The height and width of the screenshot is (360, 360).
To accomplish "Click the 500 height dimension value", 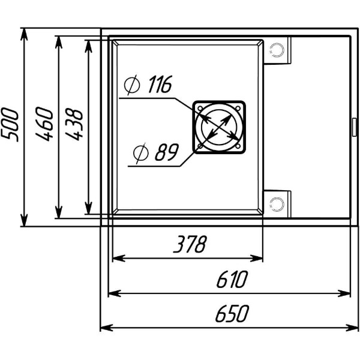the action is [x=10, y=125].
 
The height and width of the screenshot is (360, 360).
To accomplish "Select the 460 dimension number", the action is [x=44, y=124].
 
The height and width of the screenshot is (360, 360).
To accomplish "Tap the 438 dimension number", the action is [x=74, y=124].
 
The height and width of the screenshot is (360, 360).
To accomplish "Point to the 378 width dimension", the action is [x=190, y=244].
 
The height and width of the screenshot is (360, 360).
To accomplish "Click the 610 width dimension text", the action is [x=232, y=280].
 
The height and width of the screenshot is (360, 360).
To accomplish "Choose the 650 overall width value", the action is [x=232, y=313].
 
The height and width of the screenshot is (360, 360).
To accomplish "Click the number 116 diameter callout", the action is [x=160, y=84].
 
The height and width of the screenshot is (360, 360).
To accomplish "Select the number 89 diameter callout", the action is [x=167, y=152].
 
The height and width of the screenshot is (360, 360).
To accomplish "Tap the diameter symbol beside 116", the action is [x=132, y=85].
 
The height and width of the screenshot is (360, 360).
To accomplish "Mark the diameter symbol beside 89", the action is [x=141, y=153].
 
